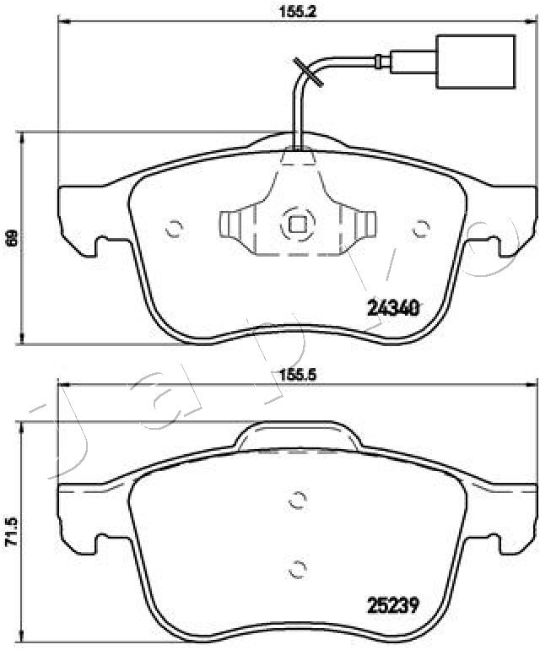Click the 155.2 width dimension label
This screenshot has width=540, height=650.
coord(298,12)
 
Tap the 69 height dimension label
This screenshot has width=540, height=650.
coord(13,238)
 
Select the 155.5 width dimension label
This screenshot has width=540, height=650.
coord(297,376)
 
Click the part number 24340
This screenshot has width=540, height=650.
coord(394,308)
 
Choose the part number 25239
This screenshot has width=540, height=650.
coord(393,607)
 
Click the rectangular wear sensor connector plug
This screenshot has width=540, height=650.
coord(476,62)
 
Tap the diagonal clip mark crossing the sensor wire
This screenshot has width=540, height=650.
coord(308,73)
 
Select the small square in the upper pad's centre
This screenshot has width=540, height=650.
coord(298,225)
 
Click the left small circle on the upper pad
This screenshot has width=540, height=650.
coord(174,228)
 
